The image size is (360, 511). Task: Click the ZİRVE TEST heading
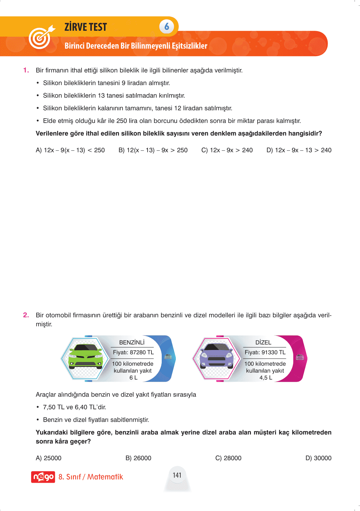86,27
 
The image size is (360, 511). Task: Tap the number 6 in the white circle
167,27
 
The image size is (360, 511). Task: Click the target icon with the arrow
41,37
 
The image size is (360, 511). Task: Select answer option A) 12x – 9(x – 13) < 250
70,150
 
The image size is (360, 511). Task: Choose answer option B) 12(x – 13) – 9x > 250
153,150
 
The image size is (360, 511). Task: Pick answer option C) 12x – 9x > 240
227,150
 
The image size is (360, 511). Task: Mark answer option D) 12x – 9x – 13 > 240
299,150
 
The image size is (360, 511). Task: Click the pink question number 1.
26,70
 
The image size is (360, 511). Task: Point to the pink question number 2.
26,315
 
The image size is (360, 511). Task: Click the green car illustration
86,357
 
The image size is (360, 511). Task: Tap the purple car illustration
217,357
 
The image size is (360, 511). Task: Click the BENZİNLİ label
132,342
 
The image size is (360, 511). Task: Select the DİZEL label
263,342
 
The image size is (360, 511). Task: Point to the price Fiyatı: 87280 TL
133,352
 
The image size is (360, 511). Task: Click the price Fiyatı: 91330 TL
265,352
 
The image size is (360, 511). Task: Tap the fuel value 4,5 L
266,378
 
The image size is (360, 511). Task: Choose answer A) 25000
48,458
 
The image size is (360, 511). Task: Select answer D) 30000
318,458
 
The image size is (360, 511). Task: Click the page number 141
177,475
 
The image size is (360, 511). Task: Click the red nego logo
43,477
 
